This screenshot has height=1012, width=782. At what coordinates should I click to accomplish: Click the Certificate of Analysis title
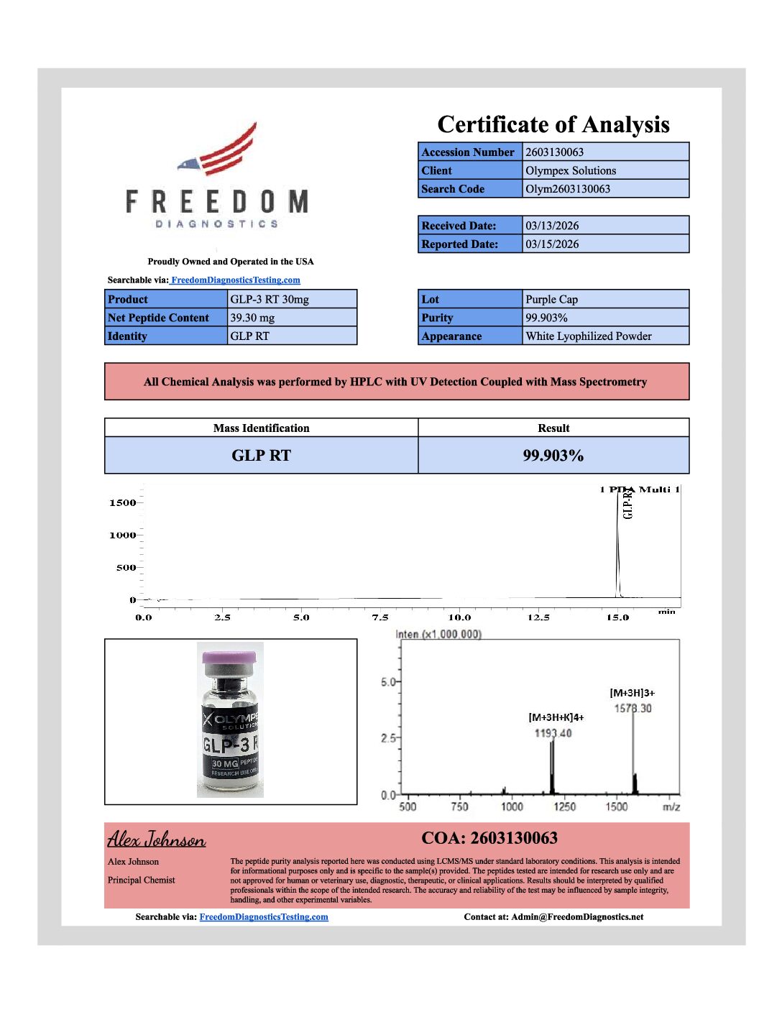point(553,124)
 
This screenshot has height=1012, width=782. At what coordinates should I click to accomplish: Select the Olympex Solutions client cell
point(604,170)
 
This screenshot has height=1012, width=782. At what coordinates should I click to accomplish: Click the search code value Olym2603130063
point(604,189)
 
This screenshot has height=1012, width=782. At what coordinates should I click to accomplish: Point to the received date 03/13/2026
point(604,226)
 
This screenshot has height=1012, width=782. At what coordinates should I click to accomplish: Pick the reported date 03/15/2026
point(604,244)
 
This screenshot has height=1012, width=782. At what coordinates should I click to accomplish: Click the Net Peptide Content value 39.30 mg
point(291,318)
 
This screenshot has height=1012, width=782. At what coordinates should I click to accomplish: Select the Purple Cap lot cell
point(604,299)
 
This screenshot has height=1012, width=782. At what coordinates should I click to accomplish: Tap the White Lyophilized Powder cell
point(604,336)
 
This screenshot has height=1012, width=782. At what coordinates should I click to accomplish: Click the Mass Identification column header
point(261,428)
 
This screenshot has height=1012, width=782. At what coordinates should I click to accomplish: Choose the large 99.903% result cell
point(553,456)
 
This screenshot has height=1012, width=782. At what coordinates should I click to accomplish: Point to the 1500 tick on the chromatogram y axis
point(122,503)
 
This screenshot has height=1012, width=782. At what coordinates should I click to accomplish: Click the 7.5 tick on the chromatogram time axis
point(380,617)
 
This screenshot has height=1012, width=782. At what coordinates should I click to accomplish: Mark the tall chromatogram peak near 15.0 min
point(617,546)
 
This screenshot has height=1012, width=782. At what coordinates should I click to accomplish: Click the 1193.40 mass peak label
point(553,733)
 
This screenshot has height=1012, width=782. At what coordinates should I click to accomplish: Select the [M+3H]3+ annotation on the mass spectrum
point(632,693)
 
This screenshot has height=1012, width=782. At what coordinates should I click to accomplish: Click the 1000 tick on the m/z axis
point(512,806)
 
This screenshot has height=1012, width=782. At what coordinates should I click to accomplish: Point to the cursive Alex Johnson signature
point(157,839)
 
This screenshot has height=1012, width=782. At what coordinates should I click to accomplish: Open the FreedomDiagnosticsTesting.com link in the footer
point(264,917)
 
